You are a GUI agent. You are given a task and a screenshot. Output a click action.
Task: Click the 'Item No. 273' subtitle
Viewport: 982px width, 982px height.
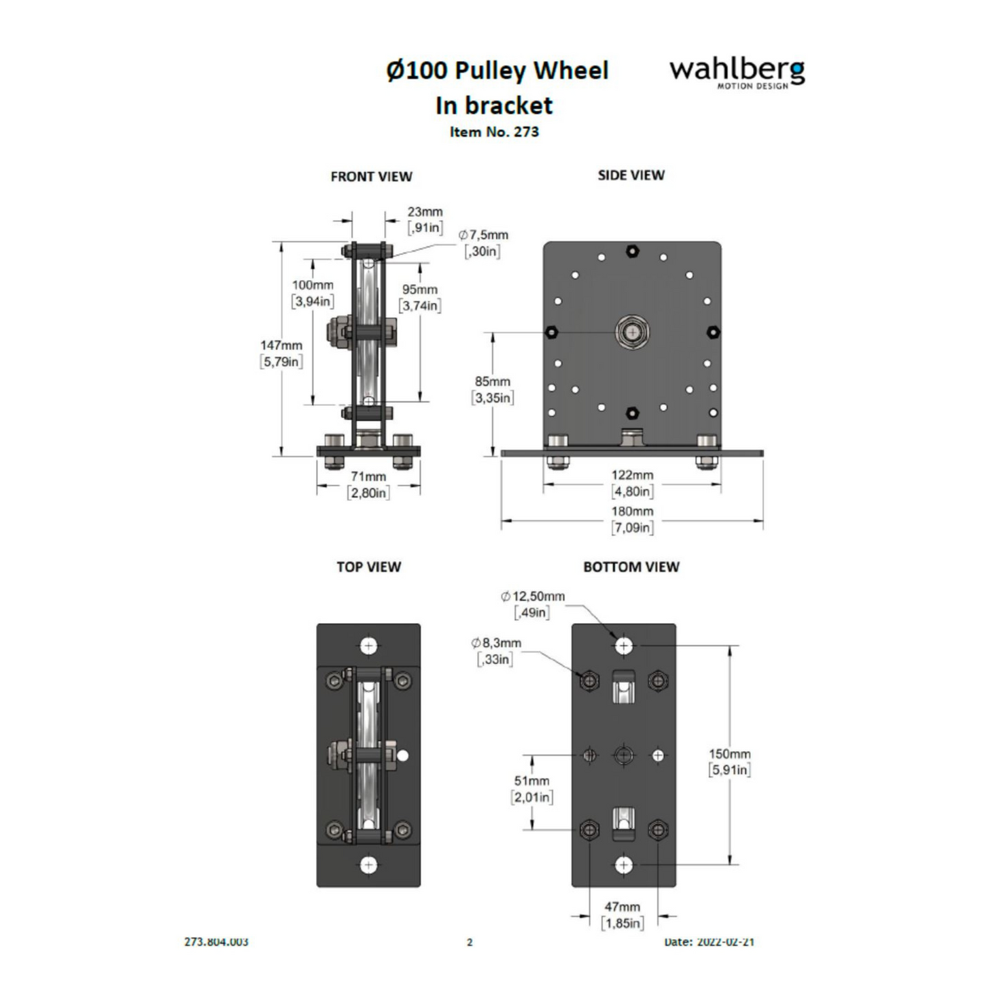494,132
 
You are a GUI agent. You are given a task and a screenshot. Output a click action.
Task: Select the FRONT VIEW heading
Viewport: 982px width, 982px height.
371,177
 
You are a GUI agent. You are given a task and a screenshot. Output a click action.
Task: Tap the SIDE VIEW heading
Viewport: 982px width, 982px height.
631,175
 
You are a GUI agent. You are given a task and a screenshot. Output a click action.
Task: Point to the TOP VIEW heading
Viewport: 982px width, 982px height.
368,567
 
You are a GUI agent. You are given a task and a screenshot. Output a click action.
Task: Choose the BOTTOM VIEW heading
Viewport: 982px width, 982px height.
631,567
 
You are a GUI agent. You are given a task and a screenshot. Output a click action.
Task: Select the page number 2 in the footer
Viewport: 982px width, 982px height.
470,942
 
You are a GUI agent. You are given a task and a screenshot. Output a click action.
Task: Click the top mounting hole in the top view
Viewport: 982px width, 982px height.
368,646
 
